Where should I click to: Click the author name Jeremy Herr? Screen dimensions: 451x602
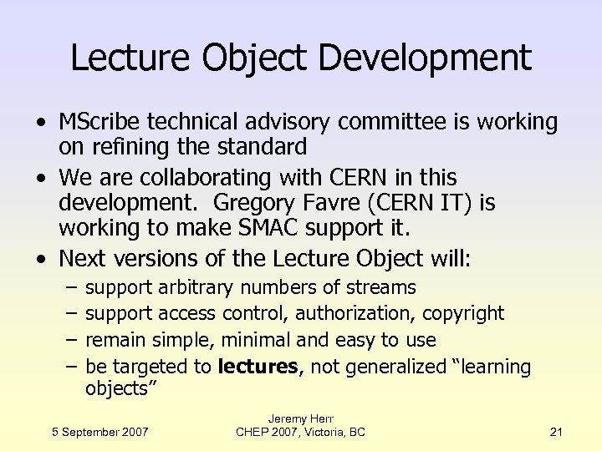click(x=300, y=418)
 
